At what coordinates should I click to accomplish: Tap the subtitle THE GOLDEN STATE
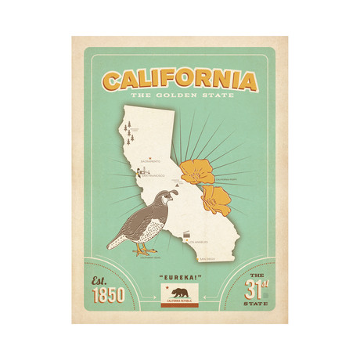(179, 96)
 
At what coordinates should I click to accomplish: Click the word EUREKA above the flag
(179, 278)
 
